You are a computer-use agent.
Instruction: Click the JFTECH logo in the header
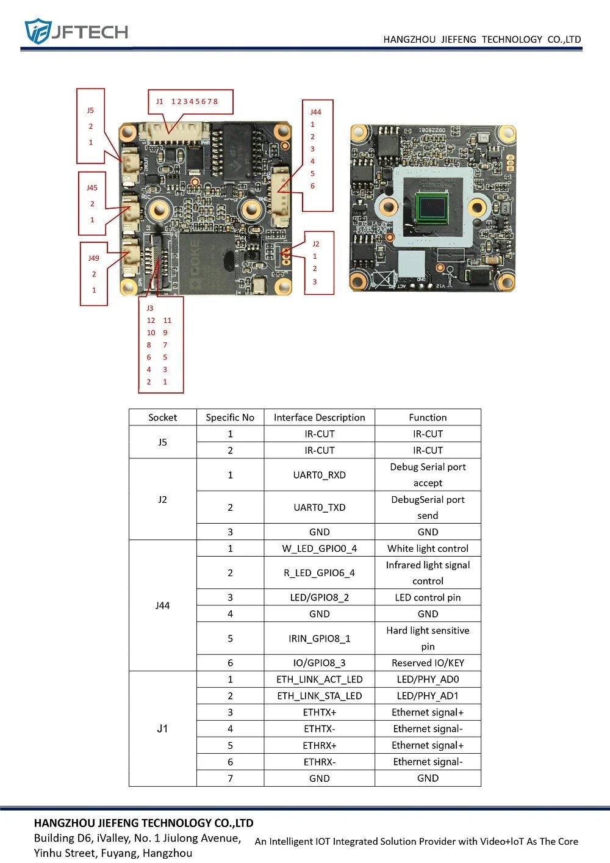pos(76,31)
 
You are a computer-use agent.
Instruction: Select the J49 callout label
pos(93,258)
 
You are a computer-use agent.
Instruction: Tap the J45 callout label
pos(92,188)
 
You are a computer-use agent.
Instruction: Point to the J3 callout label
pos(150,308)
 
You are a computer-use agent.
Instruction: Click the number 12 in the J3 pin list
pos(151,320)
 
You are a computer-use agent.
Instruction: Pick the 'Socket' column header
pos(162,417)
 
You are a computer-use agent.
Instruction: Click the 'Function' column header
pos(428,417)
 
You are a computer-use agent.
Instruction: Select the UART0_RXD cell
pos(319,475)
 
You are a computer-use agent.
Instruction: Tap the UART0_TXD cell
pos(319,507)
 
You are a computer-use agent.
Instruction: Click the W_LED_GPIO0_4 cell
pos(319,548)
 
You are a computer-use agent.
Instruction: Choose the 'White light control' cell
pos(428,548)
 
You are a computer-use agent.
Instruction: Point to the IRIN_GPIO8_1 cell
pos(319,638)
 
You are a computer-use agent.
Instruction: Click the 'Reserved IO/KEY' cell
pos(428,663)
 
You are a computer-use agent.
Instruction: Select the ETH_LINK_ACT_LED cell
pos(319,679)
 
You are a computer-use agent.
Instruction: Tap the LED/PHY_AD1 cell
pos(428,696)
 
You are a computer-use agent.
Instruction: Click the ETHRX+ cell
pos(319,745)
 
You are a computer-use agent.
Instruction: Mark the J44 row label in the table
pos(162,605)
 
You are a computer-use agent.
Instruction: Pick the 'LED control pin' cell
pos(428,598)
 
